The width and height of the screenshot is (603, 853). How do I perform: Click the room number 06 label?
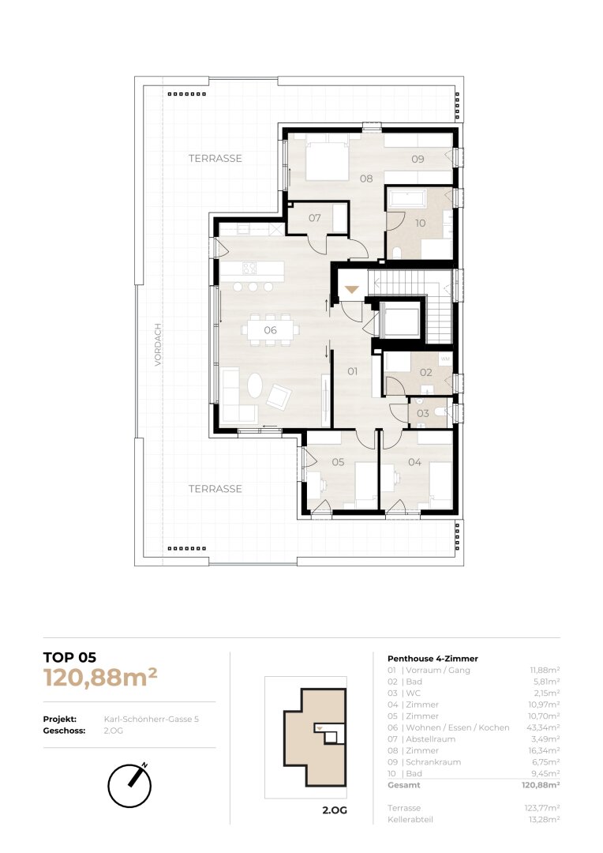click(x=270, y=330)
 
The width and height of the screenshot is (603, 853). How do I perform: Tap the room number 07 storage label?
click(x=315, y=218)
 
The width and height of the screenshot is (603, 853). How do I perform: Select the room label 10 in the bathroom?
click(x=421, y=223)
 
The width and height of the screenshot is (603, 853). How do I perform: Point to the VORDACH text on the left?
click(x=158, y=345)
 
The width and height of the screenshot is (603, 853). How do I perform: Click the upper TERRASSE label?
click(x=215, y=158)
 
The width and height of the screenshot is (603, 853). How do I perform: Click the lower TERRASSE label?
click(x=215, y=489)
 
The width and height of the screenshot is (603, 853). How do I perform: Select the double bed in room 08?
click(x=327, y=160)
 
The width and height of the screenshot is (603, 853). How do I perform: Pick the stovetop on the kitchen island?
click(x=249, y=269)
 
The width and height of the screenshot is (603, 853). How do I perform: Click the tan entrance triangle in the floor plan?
click(x=352, y=289)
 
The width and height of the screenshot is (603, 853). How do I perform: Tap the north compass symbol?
click(x=130, y=784)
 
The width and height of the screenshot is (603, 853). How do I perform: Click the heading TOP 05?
click(x=69, y=658)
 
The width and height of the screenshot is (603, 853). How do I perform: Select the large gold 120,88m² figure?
click(x=100, y=678)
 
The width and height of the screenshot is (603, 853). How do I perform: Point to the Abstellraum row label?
click(x=431, y=738)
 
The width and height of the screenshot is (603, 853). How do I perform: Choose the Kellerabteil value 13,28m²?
click(x=545, y=819)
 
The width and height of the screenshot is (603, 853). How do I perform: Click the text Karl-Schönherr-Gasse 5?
click(x=152, y=720)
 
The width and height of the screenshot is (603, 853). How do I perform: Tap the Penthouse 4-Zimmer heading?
click(x=433, y=658)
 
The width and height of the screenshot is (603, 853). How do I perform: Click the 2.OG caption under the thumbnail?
click(x=335, y=810)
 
